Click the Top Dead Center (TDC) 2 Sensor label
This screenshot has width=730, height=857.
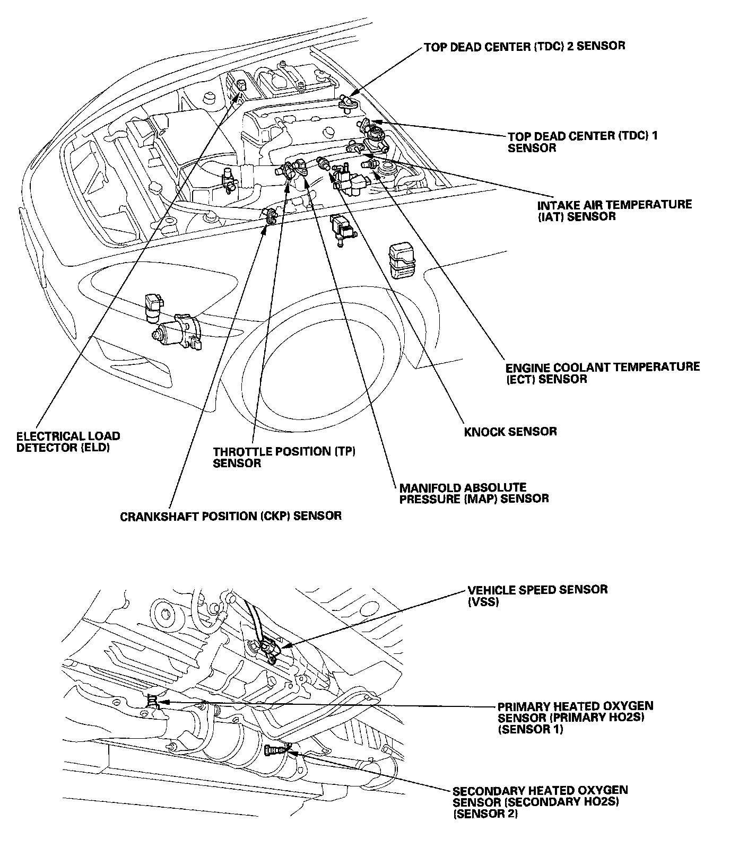(524, 46)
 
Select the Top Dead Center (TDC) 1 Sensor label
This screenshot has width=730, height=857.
(583, 142)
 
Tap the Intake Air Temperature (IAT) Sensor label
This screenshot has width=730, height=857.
(614, 210)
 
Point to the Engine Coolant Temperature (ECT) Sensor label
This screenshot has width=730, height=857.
(602, 372)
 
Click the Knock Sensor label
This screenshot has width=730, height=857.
(510, 431)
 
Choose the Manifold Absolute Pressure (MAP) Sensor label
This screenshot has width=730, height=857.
(474, 493)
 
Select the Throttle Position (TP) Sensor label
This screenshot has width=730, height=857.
(284, 457)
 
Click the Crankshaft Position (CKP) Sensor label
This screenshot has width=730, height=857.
(231, 515)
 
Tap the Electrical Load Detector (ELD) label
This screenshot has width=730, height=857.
(68, 442)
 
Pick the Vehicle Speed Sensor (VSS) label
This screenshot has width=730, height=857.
(537, 595)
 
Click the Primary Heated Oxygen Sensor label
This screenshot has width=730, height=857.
(575, 718)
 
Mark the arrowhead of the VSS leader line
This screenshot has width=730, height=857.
(282, 646)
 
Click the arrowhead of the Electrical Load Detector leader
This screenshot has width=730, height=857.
(239, 95)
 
